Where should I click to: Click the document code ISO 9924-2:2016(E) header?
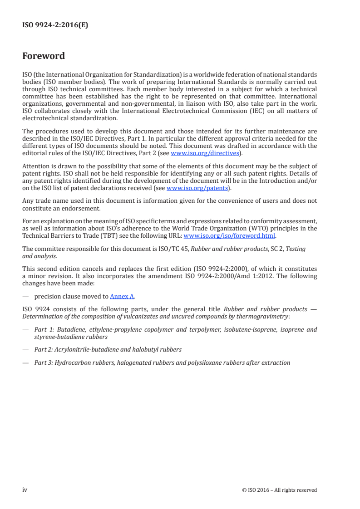(x=55, y=25)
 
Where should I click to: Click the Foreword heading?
(x=44, y=56)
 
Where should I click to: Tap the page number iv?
(x=25, y=489)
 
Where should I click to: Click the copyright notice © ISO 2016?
(x=280, y=490)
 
